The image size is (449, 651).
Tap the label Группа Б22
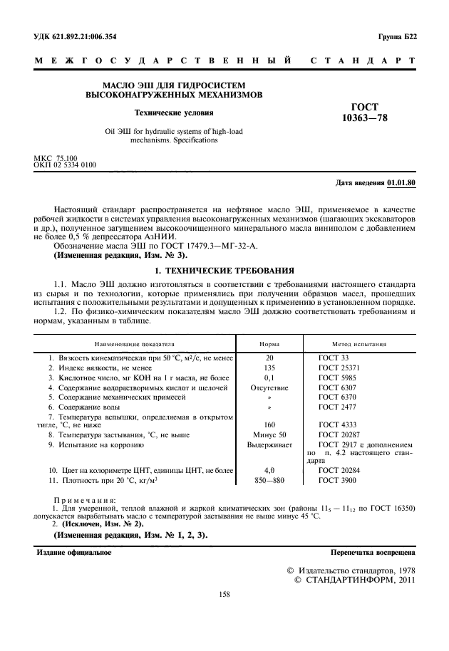click(x=395, y=36)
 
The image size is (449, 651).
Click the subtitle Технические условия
click(x=174, y=112)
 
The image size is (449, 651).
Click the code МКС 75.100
click(x=56, y=157)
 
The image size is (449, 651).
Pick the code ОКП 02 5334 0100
click(x=66, y=165)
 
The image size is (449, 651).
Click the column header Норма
click(x=269, y=343)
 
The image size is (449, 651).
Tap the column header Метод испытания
click(x=359, y=343)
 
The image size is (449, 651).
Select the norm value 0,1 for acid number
click(x=269, y=377)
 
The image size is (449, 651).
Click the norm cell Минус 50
click(x=269, y=434)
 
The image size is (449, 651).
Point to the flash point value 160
click(x=269, y=424)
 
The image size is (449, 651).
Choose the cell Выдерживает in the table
click(x=269, y=444)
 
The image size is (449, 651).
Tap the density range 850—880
click(x=269, y=481)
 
